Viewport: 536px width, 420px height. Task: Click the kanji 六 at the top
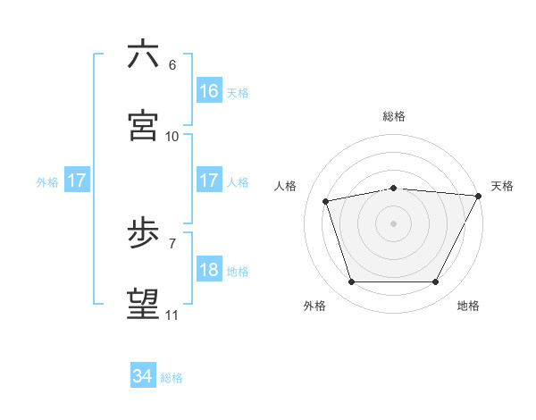tap(143, 55)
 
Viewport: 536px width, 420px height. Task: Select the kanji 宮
tap(143, 125)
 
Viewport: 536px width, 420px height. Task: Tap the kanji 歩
tap(143, 234)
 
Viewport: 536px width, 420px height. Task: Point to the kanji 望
tap(143, 305)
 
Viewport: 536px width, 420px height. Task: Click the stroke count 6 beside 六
tap(172, 65)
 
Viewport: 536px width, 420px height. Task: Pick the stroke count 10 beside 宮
tap(172, 136)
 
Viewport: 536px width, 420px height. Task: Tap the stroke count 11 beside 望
tap(172, 315)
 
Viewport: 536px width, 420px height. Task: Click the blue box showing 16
tap(209, 91)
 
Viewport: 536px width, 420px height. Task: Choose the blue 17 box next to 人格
tap(209, 181)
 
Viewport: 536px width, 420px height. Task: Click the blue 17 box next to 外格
tap(77, 181)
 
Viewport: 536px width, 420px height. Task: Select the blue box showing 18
tap(209, 270)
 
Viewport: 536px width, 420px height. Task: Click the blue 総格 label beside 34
tap(172, 378)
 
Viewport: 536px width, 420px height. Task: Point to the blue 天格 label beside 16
tap(238, 93)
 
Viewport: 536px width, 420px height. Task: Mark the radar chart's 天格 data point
tap(479, 196)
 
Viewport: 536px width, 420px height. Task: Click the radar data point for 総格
tap(394, 188)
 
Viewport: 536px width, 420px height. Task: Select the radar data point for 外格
tap(352, 282)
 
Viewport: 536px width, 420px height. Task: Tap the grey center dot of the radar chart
tap(394, 223)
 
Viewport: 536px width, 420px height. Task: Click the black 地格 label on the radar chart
tap(468, 307)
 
